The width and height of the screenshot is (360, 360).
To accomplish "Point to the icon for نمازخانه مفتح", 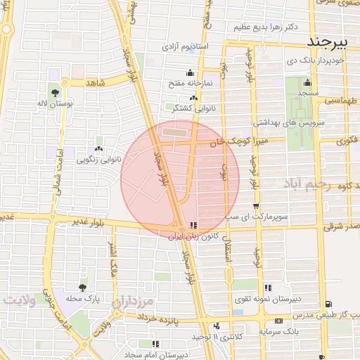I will tap(189, 72).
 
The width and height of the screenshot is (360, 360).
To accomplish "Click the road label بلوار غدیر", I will tap(89, 222).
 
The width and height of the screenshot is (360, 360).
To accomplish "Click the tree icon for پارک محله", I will tap(83, 287).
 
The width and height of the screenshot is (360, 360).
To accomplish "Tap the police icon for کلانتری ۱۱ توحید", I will tap(217, 326).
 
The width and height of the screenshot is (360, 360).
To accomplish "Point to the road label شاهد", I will tap(95, 83).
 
